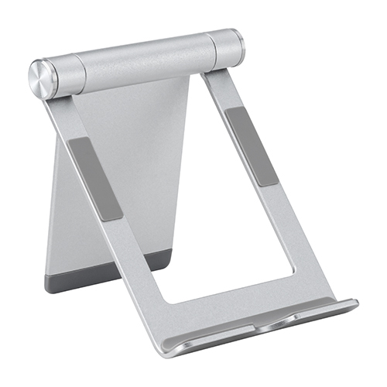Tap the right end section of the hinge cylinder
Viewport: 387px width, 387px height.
(x=226, y=49)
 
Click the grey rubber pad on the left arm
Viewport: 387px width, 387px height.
(x=95, y=177)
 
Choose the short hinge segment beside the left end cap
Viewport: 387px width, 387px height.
(x=64, y=74)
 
